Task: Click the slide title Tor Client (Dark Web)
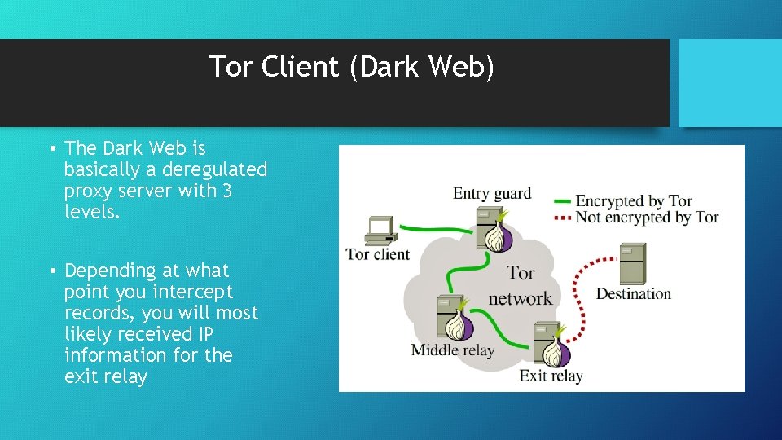(351, 67)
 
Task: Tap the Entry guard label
(491, 194)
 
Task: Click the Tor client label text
(378, 253)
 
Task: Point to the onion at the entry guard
(498, 235)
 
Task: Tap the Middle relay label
(452, 350)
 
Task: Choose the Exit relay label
(551, 376)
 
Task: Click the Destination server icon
(632, 262)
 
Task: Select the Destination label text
(634, 293)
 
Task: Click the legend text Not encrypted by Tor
(647, 217)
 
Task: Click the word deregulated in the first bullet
(214, 169)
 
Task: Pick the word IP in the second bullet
(206, 334)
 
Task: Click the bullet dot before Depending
(51, 271)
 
